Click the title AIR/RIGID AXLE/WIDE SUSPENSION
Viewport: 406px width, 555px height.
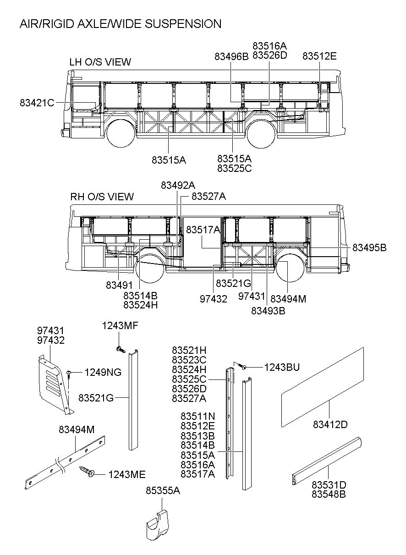click(120, 24)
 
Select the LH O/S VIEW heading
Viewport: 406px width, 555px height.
click(100, 62)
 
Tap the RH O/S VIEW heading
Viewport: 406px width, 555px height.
click(102, 197)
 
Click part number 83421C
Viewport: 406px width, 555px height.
click(37, 103)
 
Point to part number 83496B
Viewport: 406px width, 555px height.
click(231, 56)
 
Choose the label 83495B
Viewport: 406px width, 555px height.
click(369, 247)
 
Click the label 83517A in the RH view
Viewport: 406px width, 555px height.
click(203, 230)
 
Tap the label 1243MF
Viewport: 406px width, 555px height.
click(120, 326)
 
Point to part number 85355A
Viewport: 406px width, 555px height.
click(163, 491)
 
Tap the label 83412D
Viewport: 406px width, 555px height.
click(330, 424)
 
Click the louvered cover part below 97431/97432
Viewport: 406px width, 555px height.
click(54, 383)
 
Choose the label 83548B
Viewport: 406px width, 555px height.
click(329, 495)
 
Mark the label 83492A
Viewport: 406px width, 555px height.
click(178, 185)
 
